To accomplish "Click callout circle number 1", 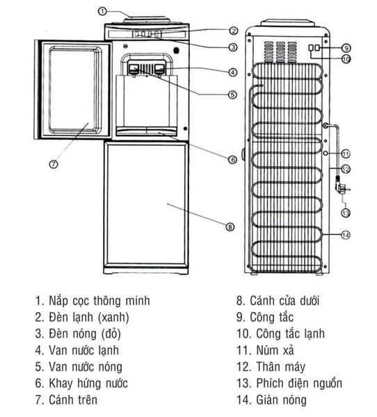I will (102, 10).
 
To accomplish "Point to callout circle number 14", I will (346, 235).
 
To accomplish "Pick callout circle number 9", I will (346, 48).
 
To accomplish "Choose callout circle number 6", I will (232, 159).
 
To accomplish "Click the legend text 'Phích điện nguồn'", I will (289, 383).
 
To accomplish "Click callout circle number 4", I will (233, 72).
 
